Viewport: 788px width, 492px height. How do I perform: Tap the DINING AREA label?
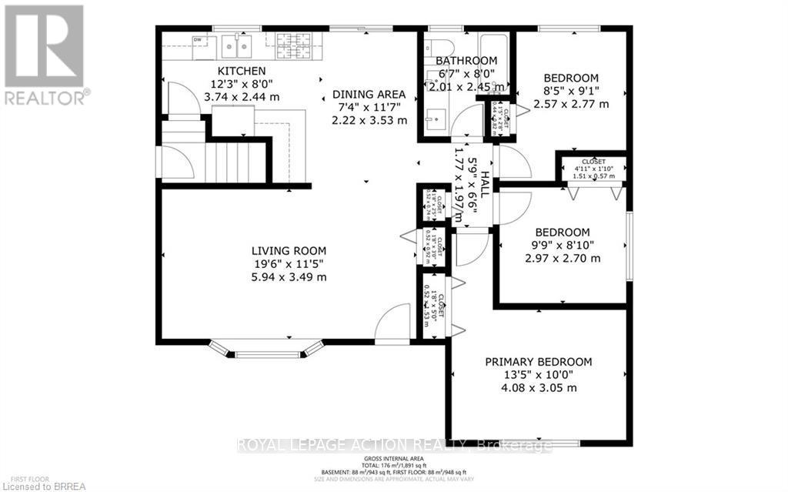click(x=369, y=94)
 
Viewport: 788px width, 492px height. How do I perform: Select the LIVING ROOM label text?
click(x=289, y=250)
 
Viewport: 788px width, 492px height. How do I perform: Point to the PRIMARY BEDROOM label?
click(x=538, y=362)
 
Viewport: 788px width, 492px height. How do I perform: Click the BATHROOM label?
click(x=466, y=61)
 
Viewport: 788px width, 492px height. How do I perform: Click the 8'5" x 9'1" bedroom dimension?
click(x=571, y=91)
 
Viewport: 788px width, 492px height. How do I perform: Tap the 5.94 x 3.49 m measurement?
click(x=289, y=277)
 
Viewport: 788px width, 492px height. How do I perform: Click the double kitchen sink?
click(x=236, y=47)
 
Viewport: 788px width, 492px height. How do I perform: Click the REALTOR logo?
click(x=43, y=54)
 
